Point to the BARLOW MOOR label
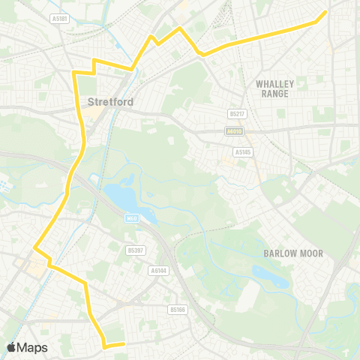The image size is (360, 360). coord(293,253)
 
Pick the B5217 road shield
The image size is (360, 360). coord(238,114)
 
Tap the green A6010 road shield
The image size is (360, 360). coord(235,131)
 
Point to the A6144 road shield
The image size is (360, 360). coord(158,270)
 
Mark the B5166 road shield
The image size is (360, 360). coord(178,309)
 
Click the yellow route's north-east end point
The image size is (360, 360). coord(325,12)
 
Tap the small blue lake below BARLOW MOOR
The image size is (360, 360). coord(271,280)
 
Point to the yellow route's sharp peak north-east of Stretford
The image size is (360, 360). coord(179,28)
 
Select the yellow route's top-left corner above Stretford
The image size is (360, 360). coord(74,72)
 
